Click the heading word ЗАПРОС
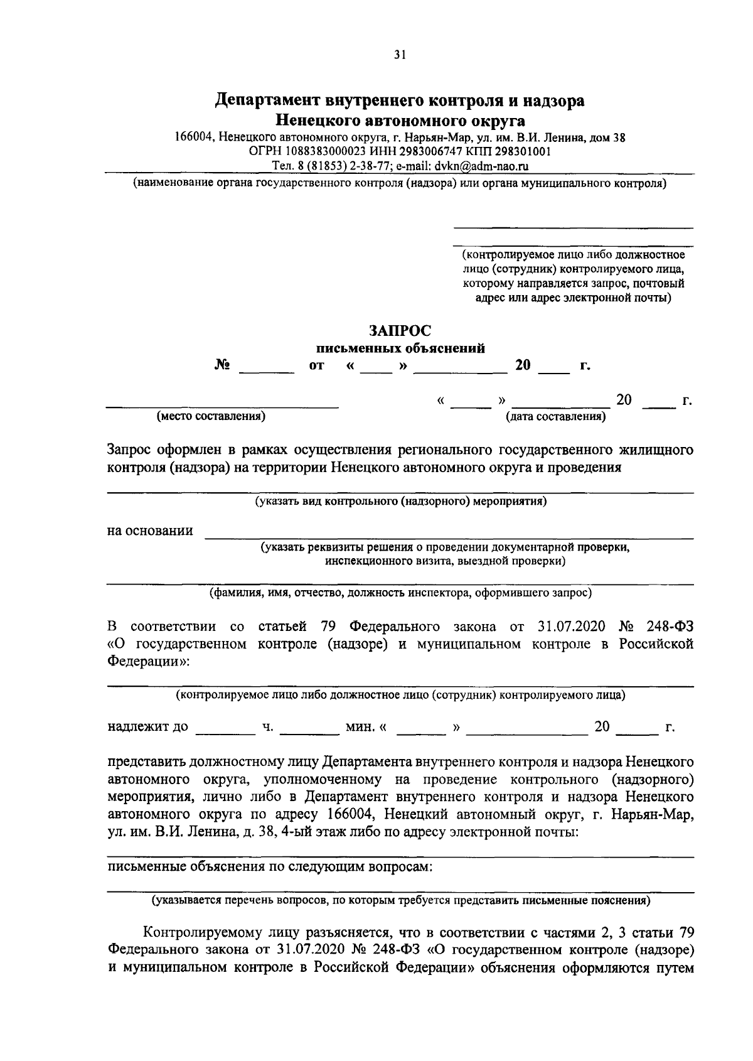point(400,330)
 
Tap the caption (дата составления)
point(556,416)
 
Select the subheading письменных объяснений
point(400,348)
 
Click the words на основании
point(150,531)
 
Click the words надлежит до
point(147,727)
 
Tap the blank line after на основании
point(449,537)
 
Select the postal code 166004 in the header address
point(195,137)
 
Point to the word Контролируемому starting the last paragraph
point(197,932)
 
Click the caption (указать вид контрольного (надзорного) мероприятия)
point(400,502)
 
